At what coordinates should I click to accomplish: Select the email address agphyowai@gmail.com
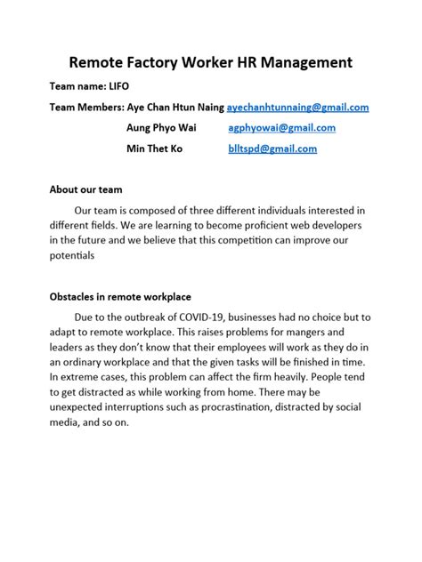click(x=281, y=128)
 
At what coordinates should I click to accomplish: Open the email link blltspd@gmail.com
click(x=272, y=149)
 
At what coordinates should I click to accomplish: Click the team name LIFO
click(x=118, y=87)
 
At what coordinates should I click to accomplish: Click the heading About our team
click(x=85, y=189)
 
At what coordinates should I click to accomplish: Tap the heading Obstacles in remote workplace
click(x=120, y=297)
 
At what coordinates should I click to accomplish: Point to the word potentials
click(x=72, y=255)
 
